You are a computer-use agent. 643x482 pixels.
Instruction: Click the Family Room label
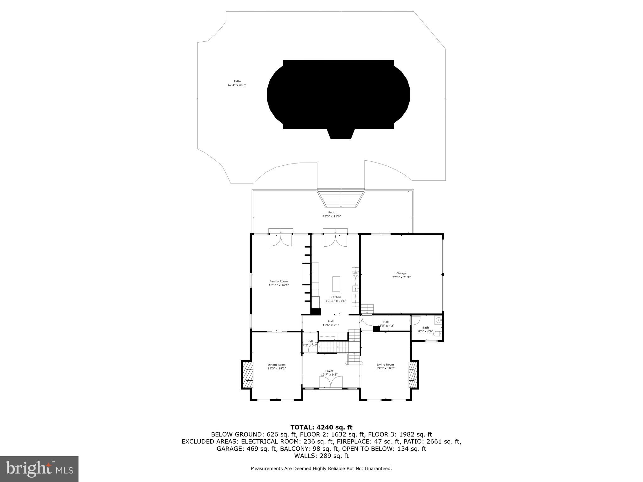click(x=278, y=281)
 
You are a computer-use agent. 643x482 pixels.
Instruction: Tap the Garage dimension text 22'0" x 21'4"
click(x=401, y=277)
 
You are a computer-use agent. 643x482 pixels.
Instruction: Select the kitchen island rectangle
click(x=336, y=284)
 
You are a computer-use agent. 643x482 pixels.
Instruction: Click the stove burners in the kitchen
click(x=356, y=275)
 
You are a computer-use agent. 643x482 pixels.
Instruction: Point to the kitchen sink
click(x=356, y=289)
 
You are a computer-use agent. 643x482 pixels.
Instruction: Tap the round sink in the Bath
click(x=438, y=321)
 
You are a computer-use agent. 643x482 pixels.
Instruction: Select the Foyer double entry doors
click(x=330, y=383)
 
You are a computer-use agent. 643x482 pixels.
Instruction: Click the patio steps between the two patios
click(x=341, y=198)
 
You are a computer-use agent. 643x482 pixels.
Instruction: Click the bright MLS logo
click(x=39, y=469)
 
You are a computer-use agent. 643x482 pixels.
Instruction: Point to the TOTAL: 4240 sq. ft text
click(x=321, y=427)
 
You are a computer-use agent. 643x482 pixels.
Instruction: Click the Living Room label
click(x=385, y=365)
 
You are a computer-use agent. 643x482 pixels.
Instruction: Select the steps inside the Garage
click(x=367, y=309)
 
